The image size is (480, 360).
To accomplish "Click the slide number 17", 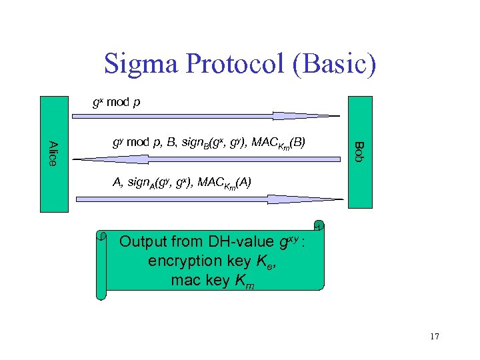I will pos(435,337).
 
